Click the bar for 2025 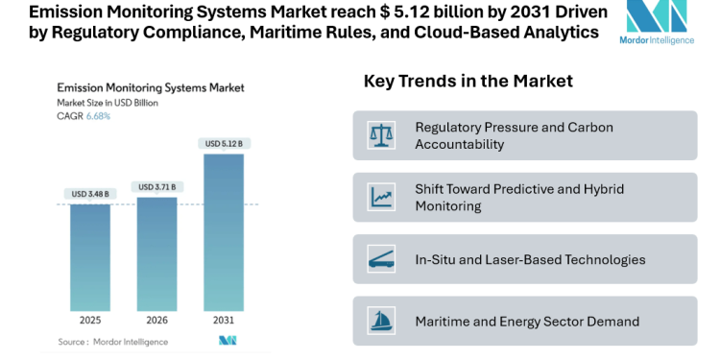point(90,256)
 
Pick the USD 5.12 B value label point(224,144)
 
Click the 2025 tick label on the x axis point(90,320)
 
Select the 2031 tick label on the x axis point(224,320)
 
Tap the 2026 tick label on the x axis point(157,320)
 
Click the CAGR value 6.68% point(98,116)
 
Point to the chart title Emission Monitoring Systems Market point(151,87)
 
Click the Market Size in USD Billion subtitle point(108,102)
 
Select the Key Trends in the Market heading point(468,82)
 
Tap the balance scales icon point(380,135)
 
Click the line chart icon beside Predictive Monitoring point(380,197)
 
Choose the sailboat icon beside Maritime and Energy point(380,321)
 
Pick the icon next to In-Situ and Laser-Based point(380,259)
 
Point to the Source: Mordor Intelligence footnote point(112,341)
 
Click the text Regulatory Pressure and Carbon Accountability point(514,135)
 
